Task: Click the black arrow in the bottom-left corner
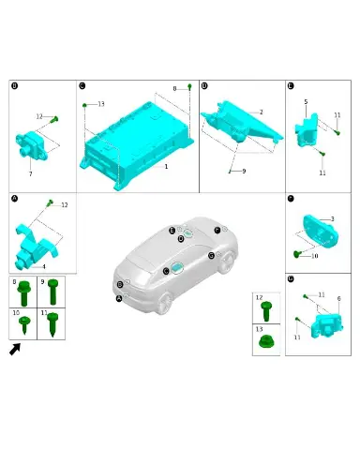tap(15, 349)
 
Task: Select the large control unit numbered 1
tap(137, 145)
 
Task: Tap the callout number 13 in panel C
tap(101, 104)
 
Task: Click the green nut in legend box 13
tap(266, 341)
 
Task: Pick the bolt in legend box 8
tap(24, 293)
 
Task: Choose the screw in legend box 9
tap(53, 292)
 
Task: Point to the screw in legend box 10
tap(24, 324)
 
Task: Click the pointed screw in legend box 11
tap(52, 324)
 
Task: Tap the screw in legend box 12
tap(266, 311)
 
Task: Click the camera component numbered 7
tap(32, 145)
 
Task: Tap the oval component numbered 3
tap(321, 231)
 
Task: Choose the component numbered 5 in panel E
tap(307, 130)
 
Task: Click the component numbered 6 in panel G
tap(326, 325)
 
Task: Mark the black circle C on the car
tap(166, 271)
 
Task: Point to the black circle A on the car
tap(119, 299)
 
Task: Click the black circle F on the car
tap(217, 231)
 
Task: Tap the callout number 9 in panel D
tap(244, 171)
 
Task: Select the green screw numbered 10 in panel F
tap(297, 254)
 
